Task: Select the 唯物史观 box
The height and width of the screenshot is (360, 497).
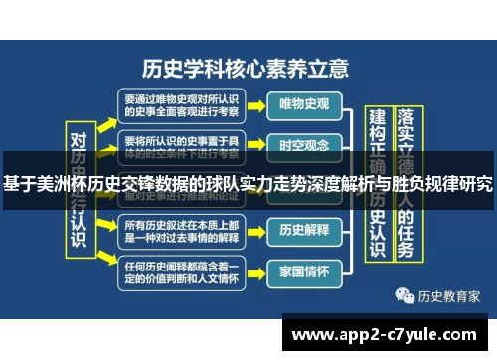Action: point(303,103)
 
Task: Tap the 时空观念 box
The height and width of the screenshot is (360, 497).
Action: point(303,145)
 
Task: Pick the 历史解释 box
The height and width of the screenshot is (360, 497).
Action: point(303,229)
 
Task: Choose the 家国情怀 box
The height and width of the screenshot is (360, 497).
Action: point(303,270)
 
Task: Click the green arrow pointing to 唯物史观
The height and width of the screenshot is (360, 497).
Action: point(253,103)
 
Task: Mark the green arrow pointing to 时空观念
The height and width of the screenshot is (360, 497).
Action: point(253,145)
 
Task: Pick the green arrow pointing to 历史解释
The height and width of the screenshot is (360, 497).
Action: point(253,229)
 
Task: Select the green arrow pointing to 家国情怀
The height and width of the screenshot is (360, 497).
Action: point(253,270)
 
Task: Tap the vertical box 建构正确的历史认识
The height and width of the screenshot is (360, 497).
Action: point(377,189)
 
